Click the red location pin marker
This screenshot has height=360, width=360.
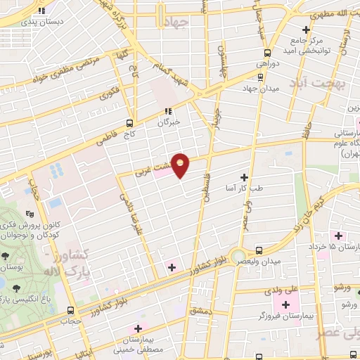181,165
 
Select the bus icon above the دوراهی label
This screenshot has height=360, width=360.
266,52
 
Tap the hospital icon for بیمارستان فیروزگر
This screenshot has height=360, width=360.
285,305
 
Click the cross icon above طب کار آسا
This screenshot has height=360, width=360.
245,177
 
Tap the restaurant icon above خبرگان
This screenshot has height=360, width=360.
168,110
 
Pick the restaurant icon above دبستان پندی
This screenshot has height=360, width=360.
42,11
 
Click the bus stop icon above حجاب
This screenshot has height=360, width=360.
70,309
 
